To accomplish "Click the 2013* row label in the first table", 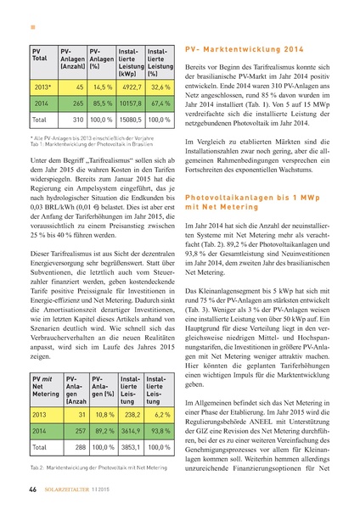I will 42,87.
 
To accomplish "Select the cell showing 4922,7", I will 130,87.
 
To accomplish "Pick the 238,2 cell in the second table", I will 131,413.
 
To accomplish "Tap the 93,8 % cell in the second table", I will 160,430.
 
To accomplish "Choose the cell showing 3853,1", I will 131,446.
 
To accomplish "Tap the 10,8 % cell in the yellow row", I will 103,413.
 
